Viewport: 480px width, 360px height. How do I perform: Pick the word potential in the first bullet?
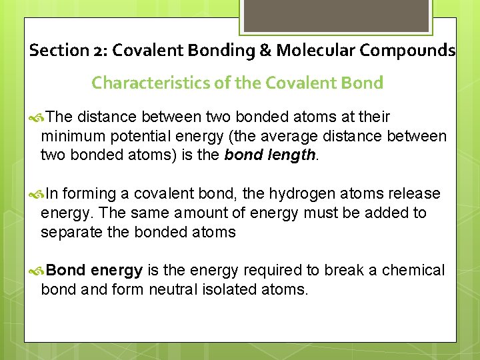click(133, 137)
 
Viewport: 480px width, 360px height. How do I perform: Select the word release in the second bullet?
click(414, 194)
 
